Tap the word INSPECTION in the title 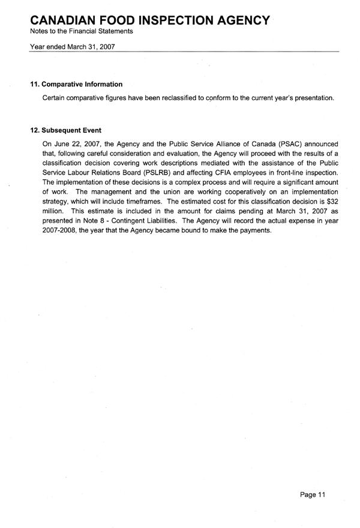[187, 19]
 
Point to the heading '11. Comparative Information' [76, 84]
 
